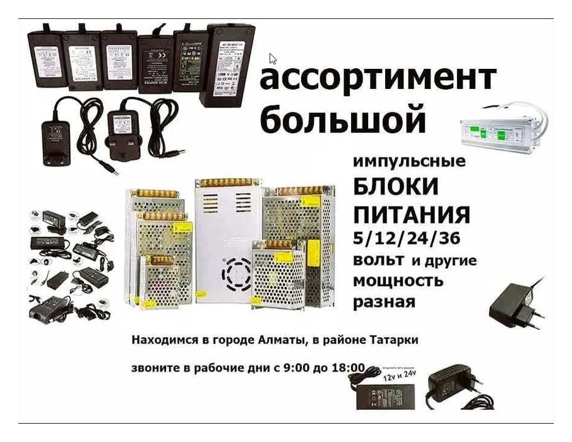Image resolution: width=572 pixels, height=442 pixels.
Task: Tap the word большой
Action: coord(342,120)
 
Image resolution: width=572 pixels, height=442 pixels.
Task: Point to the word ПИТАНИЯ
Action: coord(411,215)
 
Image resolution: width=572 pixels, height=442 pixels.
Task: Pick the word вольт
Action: coord(379,260)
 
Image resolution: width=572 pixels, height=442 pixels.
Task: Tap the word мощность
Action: coord(398,280)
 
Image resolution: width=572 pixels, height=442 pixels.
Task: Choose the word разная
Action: coord(384,302)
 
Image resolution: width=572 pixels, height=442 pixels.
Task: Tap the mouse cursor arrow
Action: coord(273,59)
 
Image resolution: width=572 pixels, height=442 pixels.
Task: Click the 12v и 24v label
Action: coord(402,376)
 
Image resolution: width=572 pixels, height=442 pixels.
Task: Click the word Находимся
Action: coord(162,340)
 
